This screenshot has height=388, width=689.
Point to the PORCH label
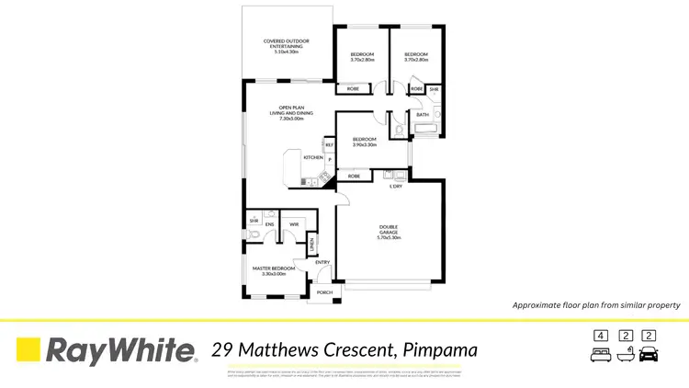click(324, 292)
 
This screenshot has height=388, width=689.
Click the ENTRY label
click(322, 263)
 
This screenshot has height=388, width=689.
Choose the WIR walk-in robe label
click(294, 223)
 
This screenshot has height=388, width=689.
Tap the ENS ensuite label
click(270, 223)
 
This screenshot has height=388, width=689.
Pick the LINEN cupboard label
click(312, 245)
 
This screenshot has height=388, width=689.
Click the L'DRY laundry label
click(396, 187)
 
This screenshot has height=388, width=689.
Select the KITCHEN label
click(288, 157)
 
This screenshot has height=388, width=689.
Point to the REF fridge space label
click(328, 144)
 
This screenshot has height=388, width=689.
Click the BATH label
click(422, 115)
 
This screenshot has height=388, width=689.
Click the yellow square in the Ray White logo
click(28, 350)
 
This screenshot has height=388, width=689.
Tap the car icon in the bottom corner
click(649, 354)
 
